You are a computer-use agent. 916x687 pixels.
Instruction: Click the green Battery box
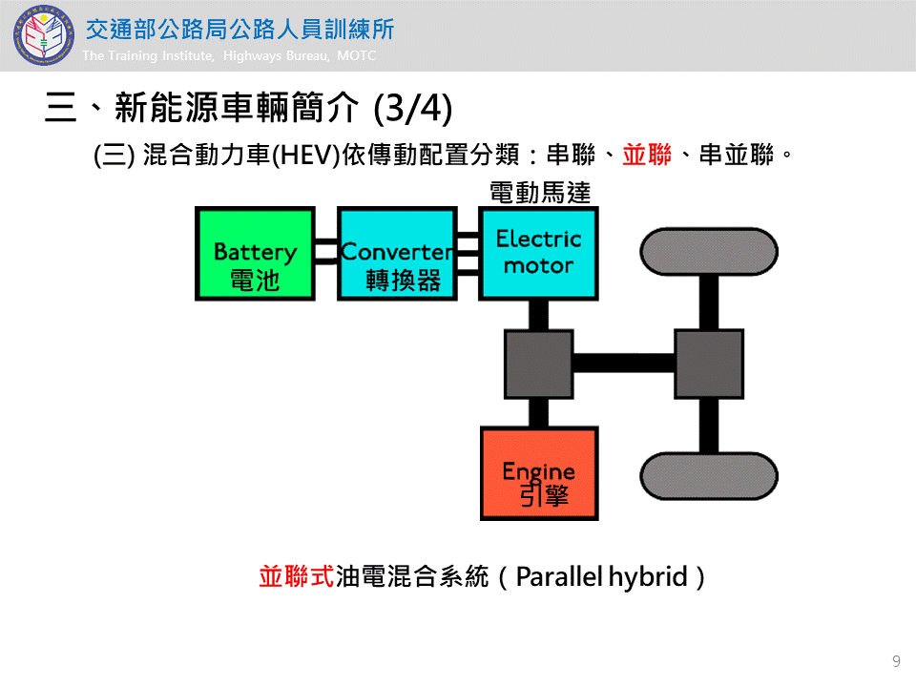click(x=255, y=254)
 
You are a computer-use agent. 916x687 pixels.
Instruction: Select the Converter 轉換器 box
click(x=397, y=254)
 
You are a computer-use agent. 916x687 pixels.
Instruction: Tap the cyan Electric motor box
click(x=539, y=253)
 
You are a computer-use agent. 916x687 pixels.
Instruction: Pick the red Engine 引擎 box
click(x=539, y=473)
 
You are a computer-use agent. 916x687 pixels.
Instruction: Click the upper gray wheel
click(x=708, y=251)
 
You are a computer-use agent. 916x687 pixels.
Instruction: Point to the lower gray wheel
click(x=708, y=475)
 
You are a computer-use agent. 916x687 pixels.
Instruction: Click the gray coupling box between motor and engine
click(x=538, y=364)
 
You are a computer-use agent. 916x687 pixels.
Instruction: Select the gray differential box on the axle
click(x=708, y=364)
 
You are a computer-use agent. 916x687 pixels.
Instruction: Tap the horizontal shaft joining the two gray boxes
click(x=623, y=364)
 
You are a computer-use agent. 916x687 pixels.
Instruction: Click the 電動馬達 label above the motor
click(x=540, y=193)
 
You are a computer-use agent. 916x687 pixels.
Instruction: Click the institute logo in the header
click(x=42, y=35)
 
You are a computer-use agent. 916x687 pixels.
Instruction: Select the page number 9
click(x=896, y=661)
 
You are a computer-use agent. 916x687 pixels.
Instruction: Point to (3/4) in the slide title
click(x=412, y=108)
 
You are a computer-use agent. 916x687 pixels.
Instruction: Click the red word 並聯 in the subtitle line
click(x=647, y=155)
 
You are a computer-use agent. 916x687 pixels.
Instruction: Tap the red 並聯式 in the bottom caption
click(x=296, y=577)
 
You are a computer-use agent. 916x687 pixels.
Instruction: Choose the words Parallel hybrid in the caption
click(x=602, y=577)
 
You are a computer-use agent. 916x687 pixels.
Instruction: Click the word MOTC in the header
click(x=357, y=56)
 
